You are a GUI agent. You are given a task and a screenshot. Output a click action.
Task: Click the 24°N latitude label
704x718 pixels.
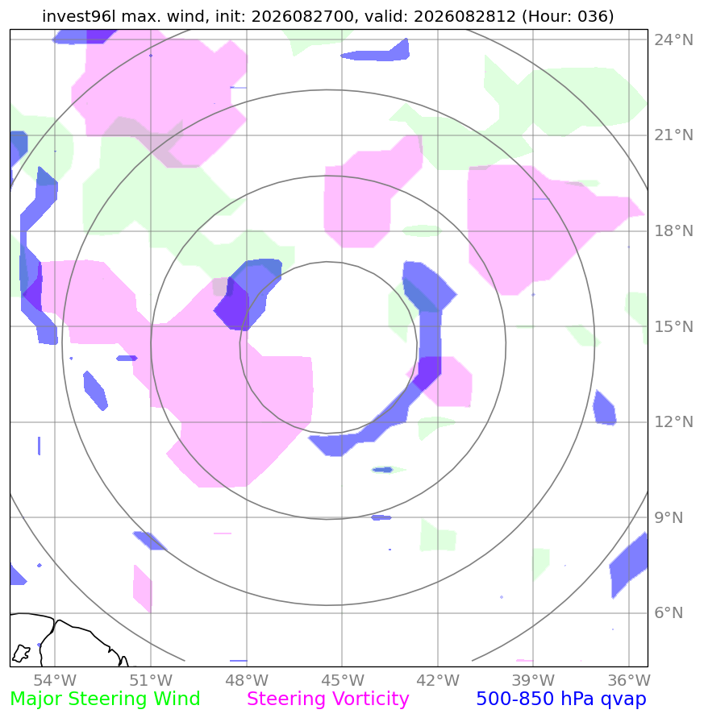pyautogui.click(x=673, y=39)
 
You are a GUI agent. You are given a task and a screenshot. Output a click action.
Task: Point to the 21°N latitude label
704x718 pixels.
pyautogui.click(x=673, y=135)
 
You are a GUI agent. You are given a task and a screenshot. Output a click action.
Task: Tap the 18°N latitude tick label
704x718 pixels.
pyautogui.click(x=673, y=230)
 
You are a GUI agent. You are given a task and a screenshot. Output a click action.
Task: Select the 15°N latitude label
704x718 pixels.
pyautogui.click(x=673, y=326)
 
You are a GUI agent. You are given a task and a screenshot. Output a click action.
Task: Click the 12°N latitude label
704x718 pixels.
pyautogui.click(x=673, y=421)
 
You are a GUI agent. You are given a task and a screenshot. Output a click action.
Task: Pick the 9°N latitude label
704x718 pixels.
pyautogui.click(x=669, y=517)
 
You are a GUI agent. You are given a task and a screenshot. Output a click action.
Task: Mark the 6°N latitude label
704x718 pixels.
pyautogui.click(x=669, y=612)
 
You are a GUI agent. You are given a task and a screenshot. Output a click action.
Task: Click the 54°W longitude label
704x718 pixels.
pyautogui.click(x=55, y=680)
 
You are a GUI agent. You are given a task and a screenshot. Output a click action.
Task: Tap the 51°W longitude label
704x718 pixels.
pyautogui.click(x=151, y=680)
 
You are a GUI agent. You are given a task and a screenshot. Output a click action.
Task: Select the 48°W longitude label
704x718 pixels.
pyautogui.click(x=247, y=680)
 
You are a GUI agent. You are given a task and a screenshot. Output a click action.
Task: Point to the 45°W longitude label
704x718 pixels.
pyautogui.click(x=342, y=680)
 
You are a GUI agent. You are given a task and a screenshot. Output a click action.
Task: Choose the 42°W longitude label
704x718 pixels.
pyautogui.click(x=438, y=680)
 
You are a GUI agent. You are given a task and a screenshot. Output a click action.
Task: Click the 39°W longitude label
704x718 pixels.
pyautogui.click(x=533, y=680)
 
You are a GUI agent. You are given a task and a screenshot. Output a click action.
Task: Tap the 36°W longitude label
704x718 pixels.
pyautogui.click(x=629, y=680)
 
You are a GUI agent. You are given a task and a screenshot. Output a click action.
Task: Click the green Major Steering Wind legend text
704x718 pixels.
pyautogui.click(x=105, y=699)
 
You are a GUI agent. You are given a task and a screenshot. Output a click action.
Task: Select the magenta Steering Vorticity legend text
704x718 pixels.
pyautogui.click(x=327, y=699)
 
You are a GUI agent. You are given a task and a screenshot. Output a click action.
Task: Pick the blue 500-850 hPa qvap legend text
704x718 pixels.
pyautogui.click(x=561, y=699)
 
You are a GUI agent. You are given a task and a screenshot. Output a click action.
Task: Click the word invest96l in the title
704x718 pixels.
pyautogui.click(x=79, y=16)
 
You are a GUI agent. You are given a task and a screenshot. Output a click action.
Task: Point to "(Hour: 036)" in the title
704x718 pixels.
pyautogui.click(x=568, y=16)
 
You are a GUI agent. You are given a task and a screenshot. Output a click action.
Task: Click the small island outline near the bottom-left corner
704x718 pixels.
pyautogui.click(x=21, y=653)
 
